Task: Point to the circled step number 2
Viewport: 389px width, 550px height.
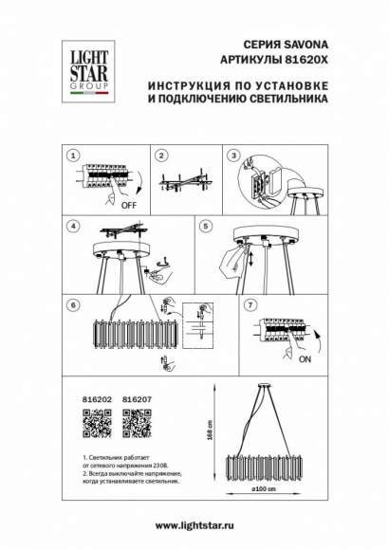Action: click(162, 154)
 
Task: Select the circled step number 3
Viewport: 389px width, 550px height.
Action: click(231, 154)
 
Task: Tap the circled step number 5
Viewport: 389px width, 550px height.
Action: click(205, 227)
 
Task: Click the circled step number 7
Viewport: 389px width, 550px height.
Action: click(250, 304)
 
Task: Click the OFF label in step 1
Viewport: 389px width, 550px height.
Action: click(126, 203)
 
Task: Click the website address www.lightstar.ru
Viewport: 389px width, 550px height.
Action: click(194, 525)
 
